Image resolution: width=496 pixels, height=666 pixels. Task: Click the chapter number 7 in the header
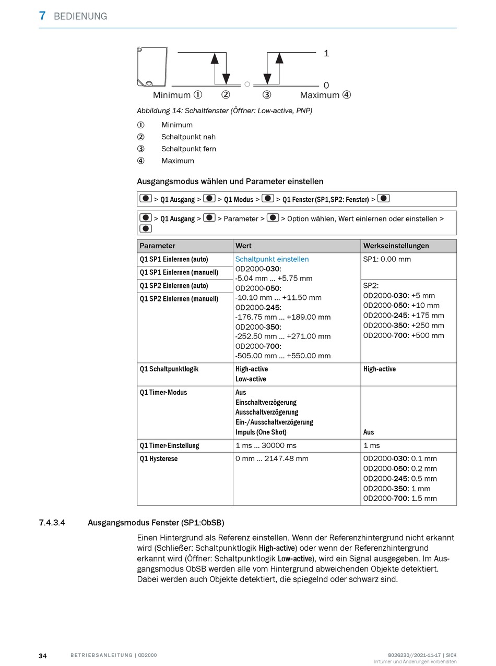pyautogui.click(x=42, y=16)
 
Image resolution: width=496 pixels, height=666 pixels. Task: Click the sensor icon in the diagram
pyautogui.click(x=152, y=67)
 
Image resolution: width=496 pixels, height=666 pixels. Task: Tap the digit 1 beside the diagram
pyautogui.click(x=326, y=53)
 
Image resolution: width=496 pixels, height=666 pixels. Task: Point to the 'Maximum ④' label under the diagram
pyautogui.click(x=325, y=95)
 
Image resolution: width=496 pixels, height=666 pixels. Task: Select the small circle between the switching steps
pyautogui.click(x=247, y=84)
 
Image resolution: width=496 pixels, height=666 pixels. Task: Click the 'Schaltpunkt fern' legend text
pyautogui.click(x=188, y=149)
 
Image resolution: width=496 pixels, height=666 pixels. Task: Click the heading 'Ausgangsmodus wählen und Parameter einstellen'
pyautogui.click(x=230, y=181)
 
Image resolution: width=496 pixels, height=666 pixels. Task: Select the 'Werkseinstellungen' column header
pyautogui.click(x=396, y=246)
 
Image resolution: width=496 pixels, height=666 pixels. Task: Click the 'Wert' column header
pyautogui.click(x=243, y=246)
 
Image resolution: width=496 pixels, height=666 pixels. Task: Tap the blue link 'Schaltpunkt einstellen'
pyautogui.click(x=271, y=259)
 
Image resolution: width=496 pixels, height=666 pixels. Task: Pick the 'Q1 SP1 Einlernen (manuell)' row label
pyautogui.click(x=179, y=272)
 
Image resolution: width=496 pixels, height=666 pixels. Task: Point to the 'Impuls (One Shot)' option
pyautogui.click(x=261, y=432)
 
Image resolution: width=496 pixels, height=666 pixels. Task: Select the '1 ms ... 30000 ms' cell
pyautogui.click(x=266, y=445)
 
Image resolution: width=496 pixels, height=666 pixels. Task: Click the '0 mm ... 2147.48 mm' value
pyautogui.click(x=271, y=458)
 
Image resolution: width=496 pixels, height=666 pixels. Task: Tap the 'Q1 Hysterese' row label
pyautogui.click(x=159, y=458)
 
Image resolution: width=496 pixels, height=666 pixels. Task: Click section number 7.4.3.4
pyautogui.click(x=52, y=522)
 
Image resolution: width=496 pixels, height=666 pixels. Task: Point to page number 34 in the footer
pyautogui.click(x=43, y=656)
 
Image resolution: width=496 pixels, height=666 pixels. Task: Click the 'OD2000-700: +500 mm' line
pyautogui.click(x=404, y=335)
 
